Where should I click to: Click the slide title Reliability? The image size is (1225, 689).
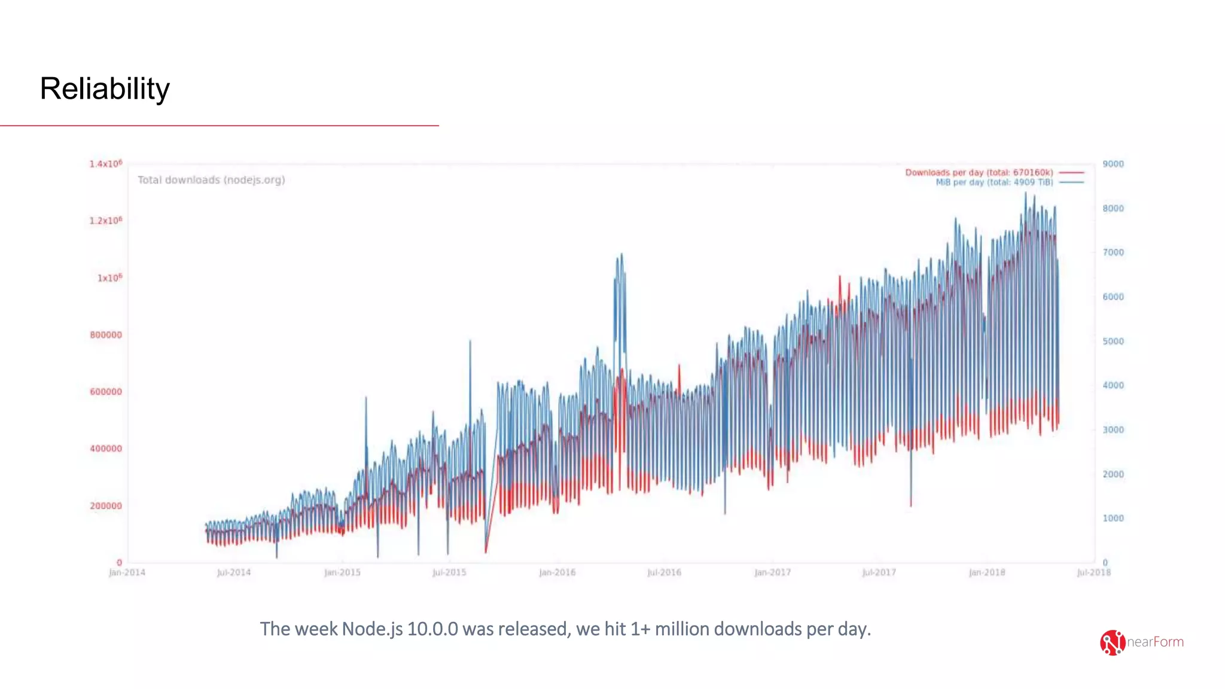(x=105, y=89)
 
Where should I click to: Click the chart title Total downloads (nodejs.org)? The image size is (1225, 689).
(x=211, y=180)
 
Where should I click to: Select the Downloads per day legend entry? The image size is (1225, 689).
(x=979, y=172)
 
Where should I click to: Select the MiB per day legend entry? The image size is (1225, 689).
(x=994, y=182)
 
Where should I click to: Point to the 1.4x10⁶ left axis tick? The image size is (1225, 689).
(x=106, y=164)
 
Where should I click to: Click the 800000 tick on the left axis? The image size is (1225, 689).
(x=106, y=335)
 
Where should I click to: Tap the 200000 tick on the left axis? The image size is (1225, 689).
(x=106, y=506)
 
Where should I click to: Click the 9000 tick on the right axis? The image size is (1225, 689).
(x=1113, y=164)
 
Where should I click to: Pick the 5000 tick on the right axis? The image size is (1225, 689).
(x=1113, y=342)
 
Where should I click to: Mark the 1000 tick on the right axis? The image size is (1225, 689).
(x=1113, y=519)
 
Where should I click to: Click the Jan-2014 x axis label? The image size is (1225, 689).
(x=127, y=573)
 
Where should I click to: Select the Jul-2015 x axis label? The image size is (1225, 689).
(x=449, y=573)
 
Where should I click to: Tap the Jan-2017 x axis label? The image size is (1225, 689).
(x=772, y=573)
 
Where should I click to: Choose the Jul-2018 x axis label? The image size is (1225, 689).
(x=1093, y=573)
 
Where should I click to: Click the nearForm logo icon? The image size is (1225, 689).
(x=1112, y=643)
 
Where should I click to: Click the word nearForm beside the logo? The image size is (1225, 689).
(x=1155, y=642)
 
